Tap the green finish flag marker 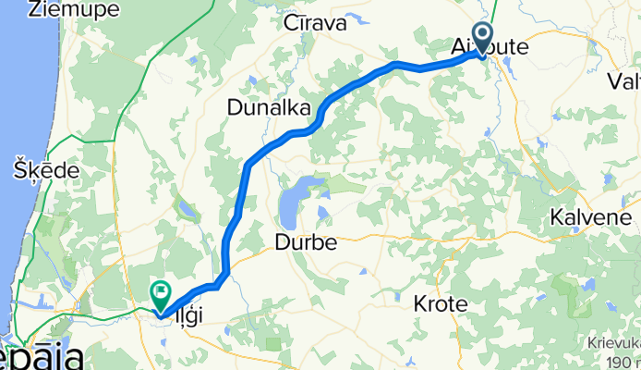(x=162, y=295)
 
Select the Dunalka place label (x=269, y=108)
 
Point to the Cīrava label (x=315, y=23)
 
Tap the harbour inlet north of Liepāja (x=37, y=305)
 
